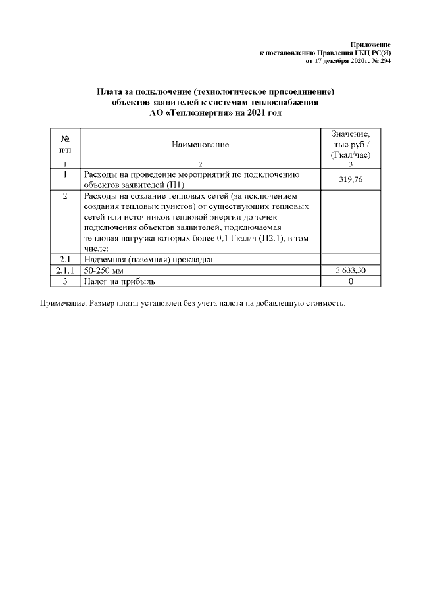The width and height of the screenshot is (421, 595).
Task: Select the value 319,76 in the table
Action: click(351, 179)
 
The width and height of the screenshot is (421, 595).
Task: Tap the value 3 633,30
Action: click(351, 270)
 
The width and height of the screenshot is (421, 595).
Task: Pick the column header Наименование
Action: click(200, 144)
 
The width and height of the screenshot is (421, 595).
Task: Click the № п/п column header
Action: click(65, 144)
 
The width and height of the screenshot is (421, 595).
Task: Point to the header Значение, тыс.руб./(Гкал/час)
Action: click(351, 144)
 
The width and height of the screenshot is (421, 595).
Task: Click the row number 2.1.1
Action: click(65, 270)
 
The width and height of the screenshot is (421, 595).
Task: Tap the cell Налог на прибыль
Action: click(120, 281)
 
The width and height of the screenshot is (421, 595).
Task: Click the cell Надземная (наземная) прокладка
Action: click(148, 259)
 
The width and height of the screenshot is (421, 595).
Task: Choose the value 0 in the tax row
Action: click(351, 281)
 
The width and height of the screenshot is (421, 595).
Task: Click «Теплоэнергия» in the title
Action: click(196, 114)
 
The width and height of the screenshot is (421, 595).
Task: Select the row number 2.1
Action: click(65, 259)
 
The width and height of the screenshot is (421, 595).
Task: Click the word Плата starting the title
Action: click(109, 91)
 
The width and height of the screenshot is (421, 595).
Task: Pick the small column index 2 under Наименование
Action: click(200, 163)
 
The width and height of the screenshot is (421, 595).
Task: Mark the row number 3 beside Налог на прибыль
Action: click(65, 281)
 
